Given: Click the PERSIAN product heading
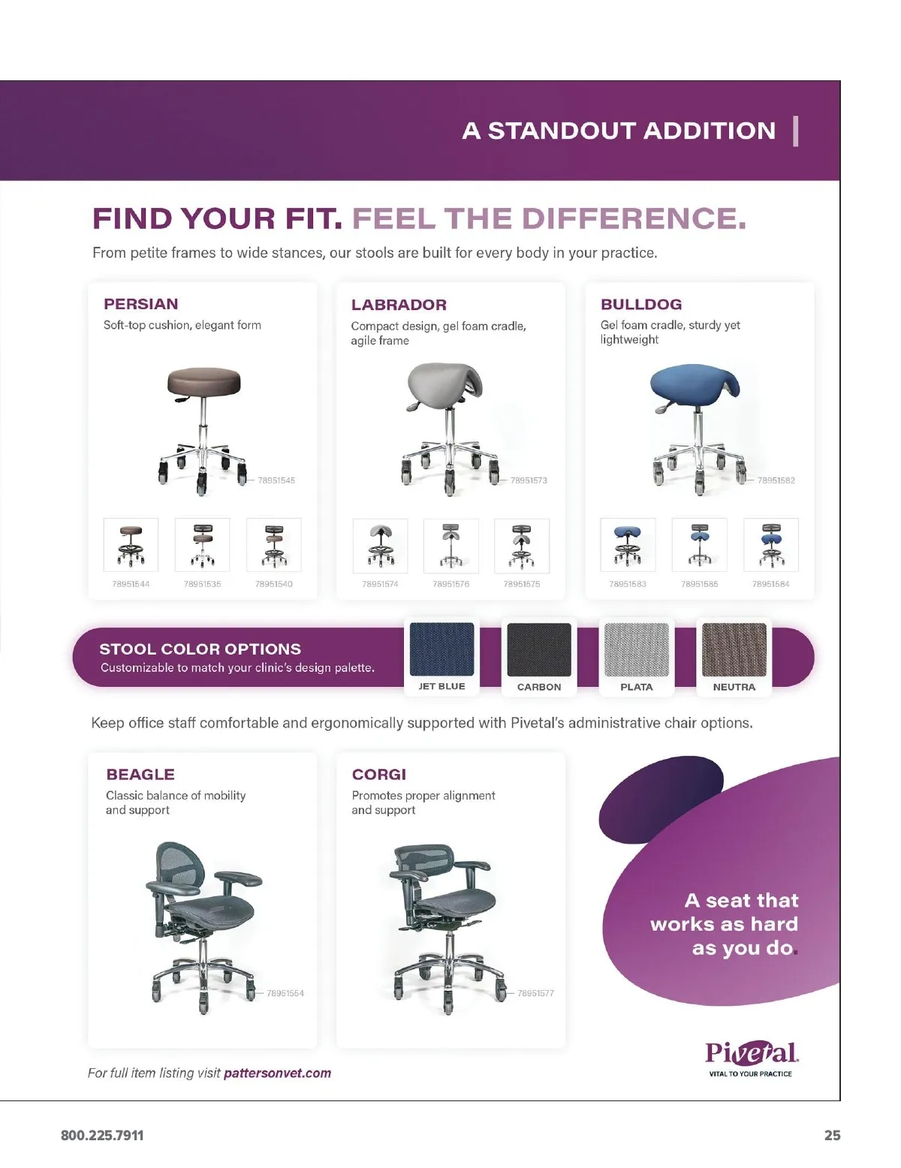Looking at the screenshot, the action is click(x=140, y=304).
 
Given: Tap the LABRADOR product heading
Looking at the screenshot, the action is click(x=399, y=305).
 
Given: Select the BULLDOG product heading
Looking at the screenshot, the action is click(x=640, y=304).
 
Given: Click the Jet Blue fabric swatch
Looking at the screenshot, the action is click(x=441, y=649).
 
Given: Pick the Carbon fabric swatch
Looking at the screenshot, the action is click(x=538, y=649).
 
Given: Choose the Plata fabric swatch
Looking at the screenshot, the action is click(x=637, y=649).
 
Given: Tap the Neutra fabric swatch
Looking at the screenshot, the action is click(x=734, y=649).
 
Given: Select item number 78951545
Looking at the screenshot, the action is click(x=276, y=480).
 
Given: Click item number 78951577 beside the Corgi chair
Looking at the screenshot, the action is click(x=535, y=993).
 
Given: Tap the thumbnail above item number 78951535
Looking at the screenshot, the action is click(x=202, y=544).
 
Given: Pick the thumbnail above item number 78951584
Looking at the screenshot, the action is click(x=771, y=544).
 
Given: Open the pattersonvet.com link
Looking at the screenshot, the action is click(x=277, y=1073).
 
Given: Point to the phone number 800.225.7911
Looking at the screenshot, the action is click(x=102, y=1135).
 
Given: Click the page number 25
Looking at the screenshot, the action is click(x=832, y=1135).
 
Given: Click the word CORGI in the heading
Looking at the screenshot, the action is click(x=379, y=774).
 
